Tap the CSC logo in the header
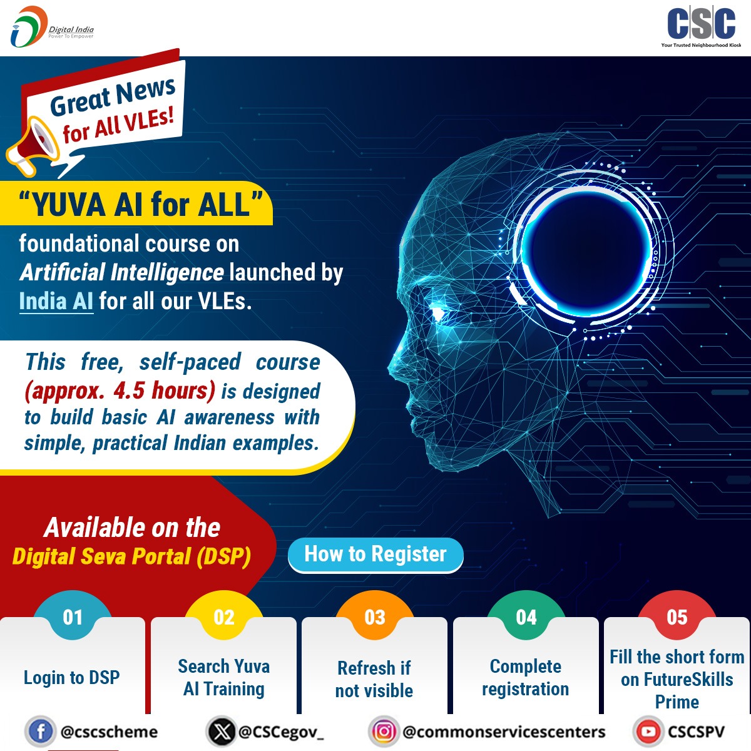point(701,26)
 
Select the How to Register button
point(375,554)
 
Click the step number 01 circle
point(73,617)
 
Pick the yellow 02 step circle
point(224,617)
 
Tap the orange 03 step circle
point(375,617)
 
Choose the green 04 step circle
point(526,617)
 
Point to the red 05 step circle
point(677,617)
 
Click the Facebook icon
point(40,732)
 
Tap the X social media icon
point(220,732)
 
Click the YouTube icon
point(648,732)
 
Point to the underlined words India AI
point(56,301)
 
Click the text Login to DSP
point(71,677)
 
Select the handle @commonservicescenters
point(504,732)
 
